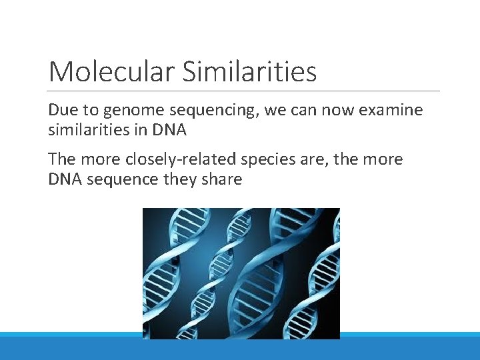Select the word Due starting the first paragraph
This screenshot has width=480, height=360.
coord(62,110)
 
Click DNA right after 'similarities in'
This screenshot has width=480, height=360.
coord(170,130)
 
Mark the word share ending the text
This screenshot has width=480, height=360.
coord(221,179)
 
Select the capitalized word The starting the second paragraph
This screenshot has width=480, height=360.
coord(62,159)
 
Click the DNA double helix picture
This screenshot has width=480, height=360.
coord(241,273)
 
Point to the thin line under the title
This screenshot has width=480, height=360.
coord(244,91)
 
